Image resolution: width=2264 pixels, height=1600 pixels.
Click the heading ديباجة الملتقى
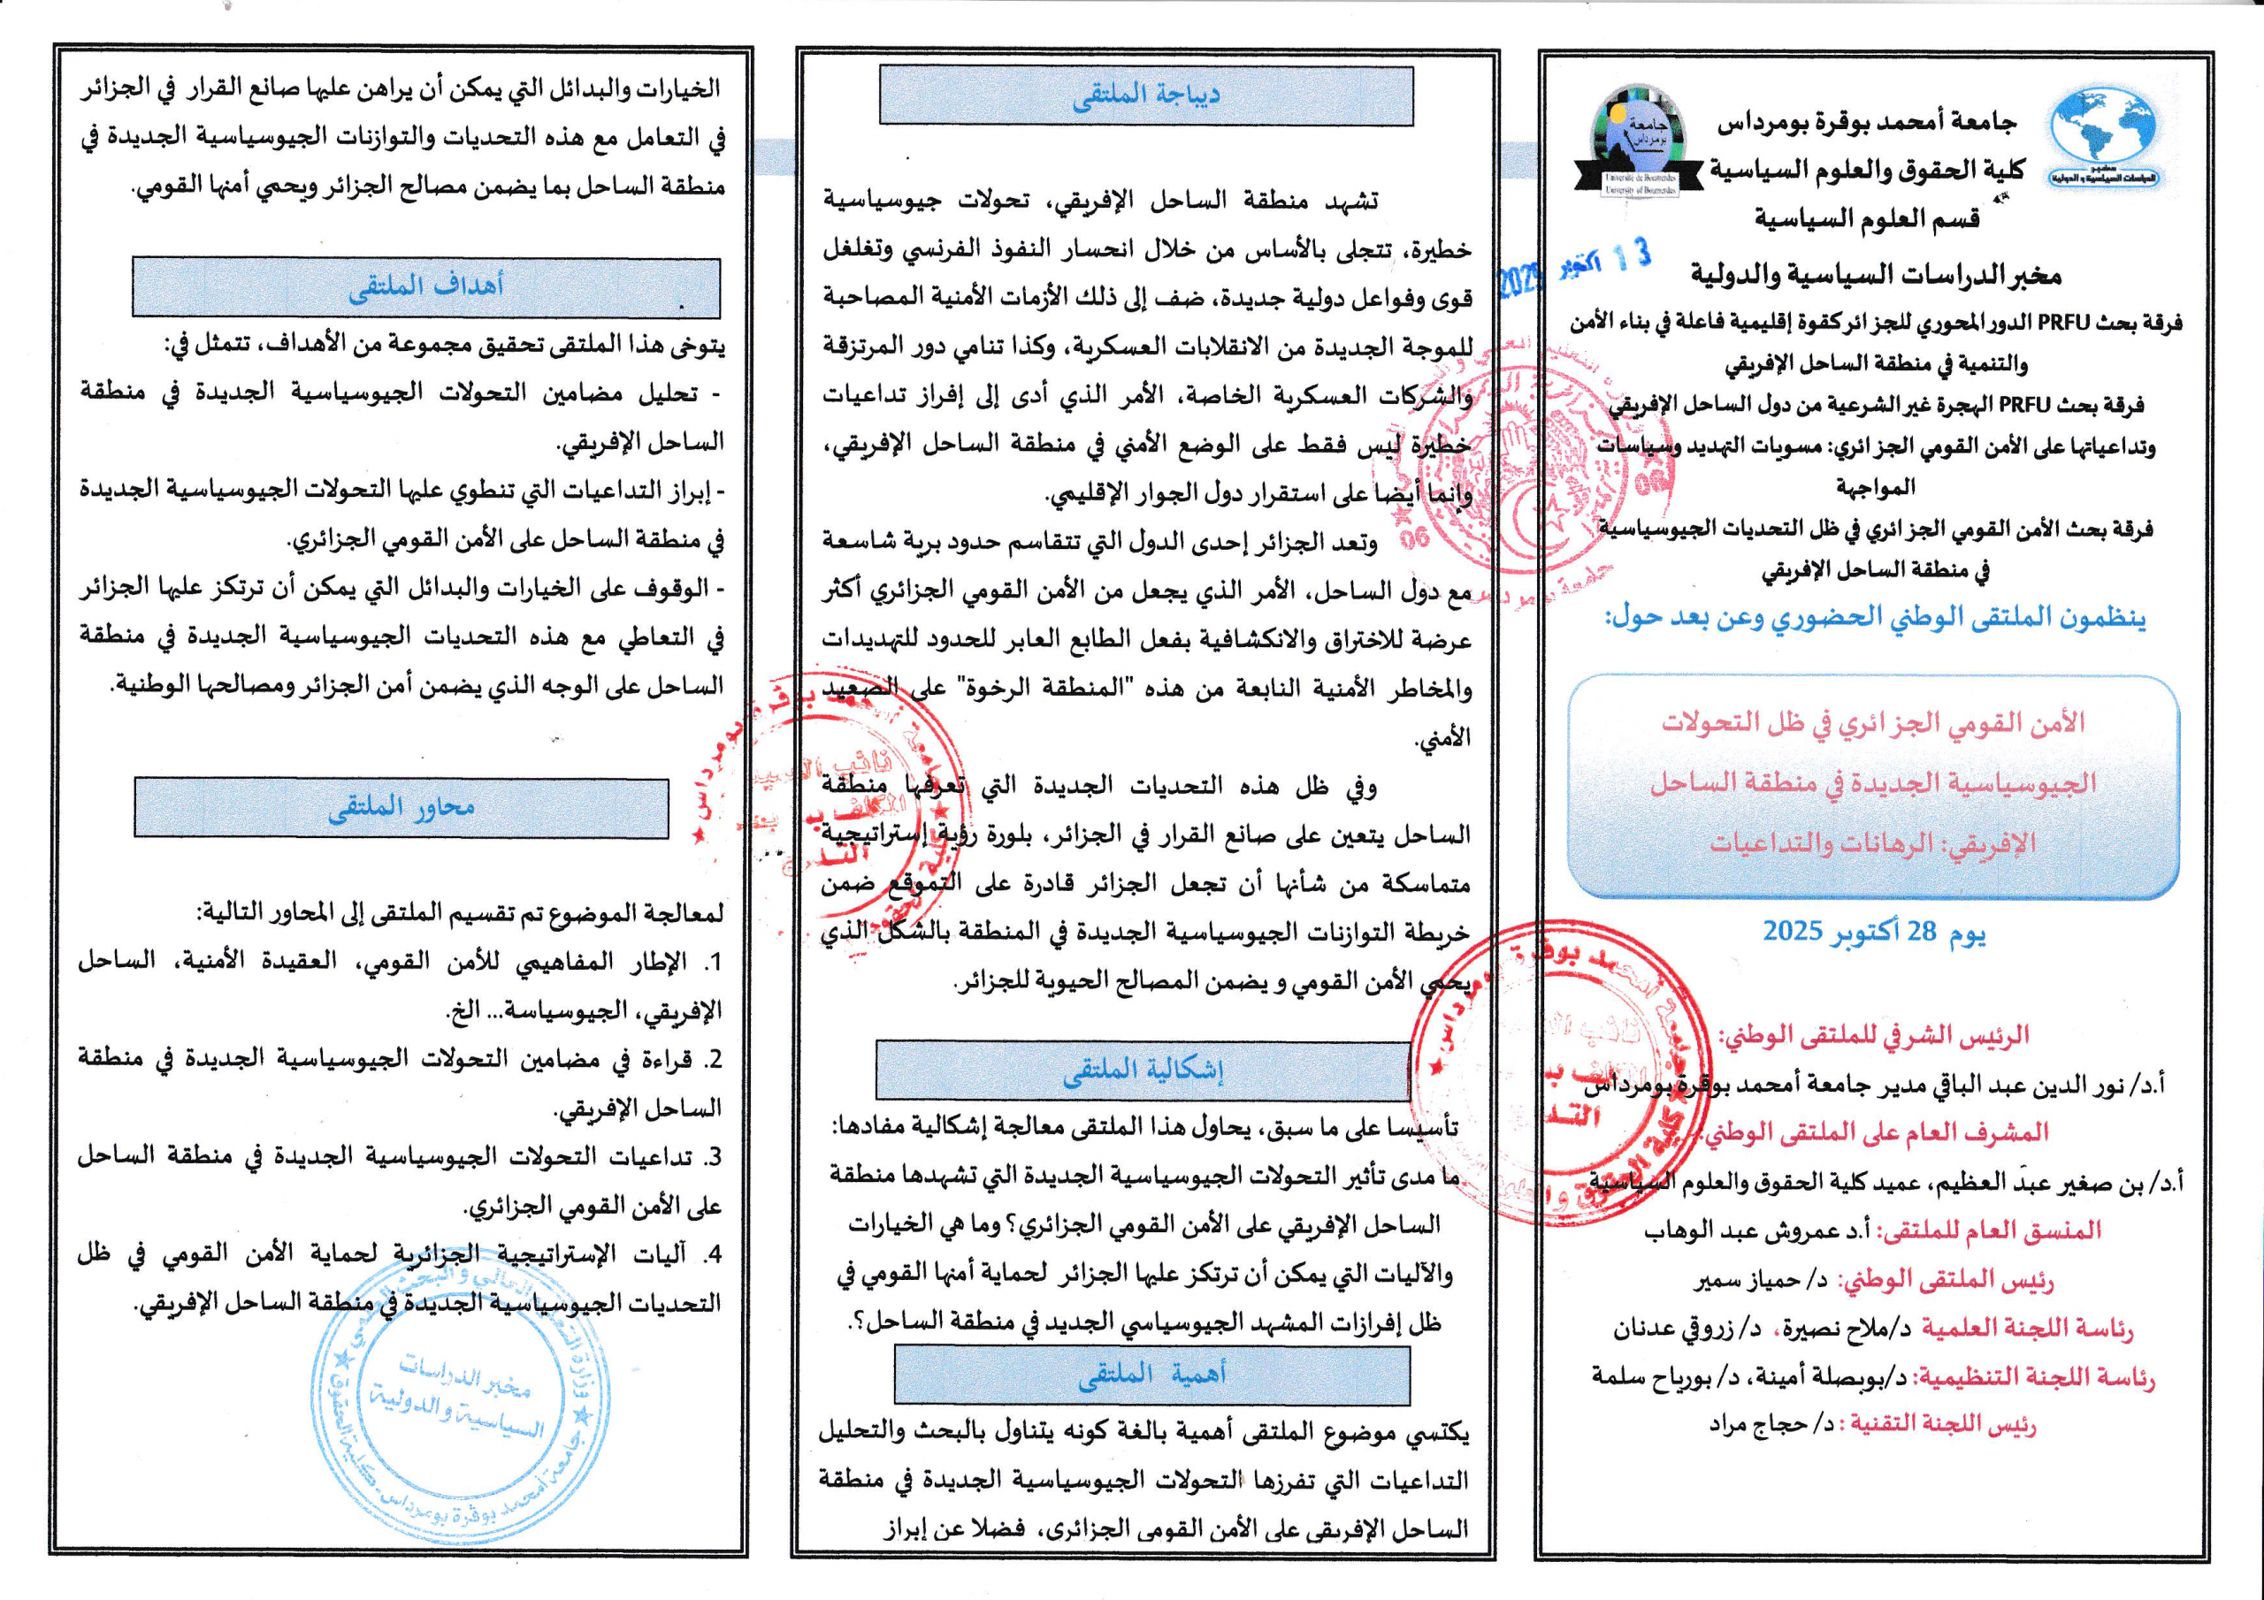(1146, 95)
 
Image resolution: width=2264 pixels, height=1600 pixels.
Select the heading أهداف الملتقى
(426, 287)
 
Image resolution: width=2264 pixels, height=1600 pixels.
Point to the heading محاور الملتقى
(402, 808)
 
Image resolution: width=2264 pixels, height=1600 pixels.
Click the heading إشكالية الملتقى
(1142, 1072)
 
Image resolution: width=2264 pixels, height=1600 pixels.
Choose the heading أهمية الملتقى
(1151, 1375)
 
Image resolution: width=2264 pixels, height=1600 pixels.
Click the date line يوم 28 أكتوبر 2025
(1873, 932)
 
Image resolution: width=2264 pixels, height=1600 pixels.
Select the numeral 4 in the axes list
(715, 1255)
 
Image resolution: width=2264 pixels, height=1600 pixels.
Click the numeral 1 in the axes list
(715, 962)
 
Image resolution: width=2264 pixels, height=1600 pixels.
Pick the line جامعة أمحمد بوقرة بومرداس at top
(1867, 122)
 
